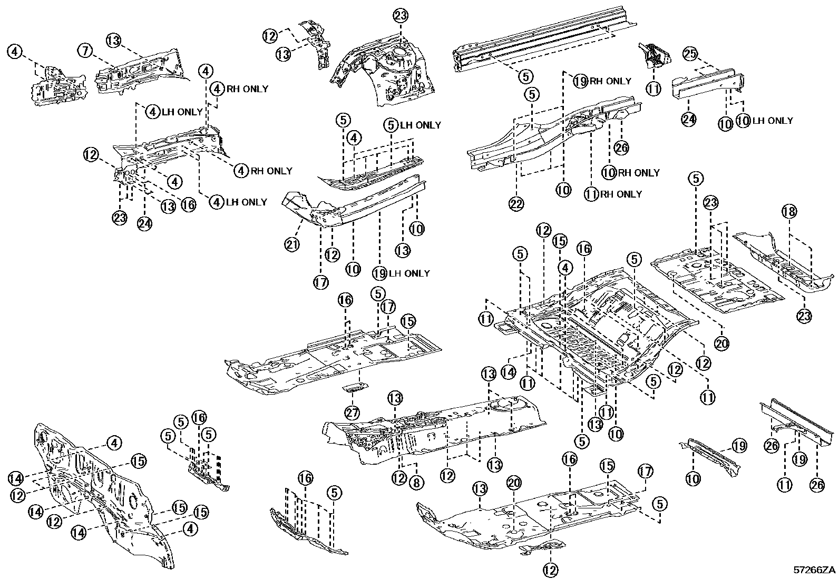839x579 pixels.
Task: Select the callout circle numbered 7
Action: (85, 51)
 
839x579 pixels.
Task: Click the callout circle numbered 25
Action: (691, 53)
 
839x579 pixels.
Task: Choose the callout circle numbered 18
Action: (789, 212)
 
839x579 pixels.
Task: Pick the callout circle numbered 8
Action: (416, 482)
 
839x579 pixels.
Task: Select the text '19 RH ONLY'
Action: (602, 81)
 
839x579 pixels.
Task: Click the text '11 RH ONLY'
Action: (613, 194)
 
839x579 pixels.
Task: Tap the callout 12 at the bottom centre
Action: (550, 569)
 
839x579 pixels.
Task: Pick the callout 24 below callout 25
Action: (688, 120)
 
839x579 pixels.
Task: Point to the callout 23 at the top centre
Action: (401, 16)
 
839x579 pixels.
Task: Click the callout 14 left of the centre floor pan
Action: (508, 372)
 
